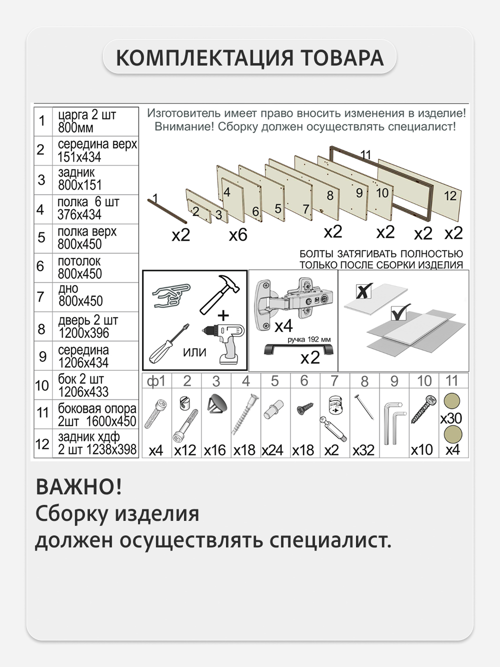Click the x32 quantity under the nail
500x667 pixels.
tap(363, 450)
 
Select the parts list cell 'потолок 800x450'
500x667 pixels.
tap(95, 268)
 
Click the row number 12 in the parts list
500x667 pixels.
tap(42, 443)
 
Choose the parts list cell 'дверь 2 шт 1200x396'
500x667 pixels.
tap(95, 326)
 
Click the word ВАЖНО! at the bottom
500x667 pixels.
tap(79, 487)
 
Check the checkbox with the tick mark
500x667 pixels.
tap(400, 313)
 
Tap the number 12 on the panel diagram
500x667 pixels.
tap(450, 195)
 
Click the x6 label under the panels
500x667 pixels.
tap(238, 235)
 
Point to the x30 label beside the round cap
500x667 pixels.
tap(451, 418)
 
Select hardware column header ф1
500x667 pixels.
tap(156, 381)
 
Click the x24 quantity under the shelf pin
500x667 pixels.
tap(272, 450)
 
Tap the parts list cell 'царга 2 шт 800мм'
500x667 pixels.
tap(95, 121)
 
